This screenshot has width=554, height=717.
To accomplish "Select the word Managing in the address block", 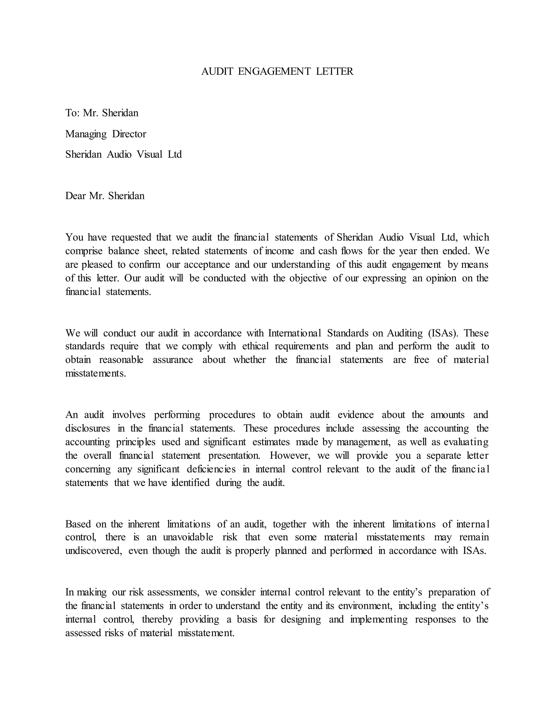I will pyautogui.click(x=86, y=134).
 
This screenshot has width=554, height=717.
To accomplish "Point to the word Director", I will pyautogui.click(x=129, y=134).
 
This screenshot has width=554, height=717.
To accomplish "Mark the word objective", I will pyautogui.click(x=308, y=278).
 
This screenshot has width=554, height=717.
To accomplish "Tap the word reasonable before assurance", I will pyautogui.click(x=121, y=360).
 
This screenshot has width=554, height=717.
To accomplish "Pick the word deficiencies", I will pyautogui.click(x=211, y=469).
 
